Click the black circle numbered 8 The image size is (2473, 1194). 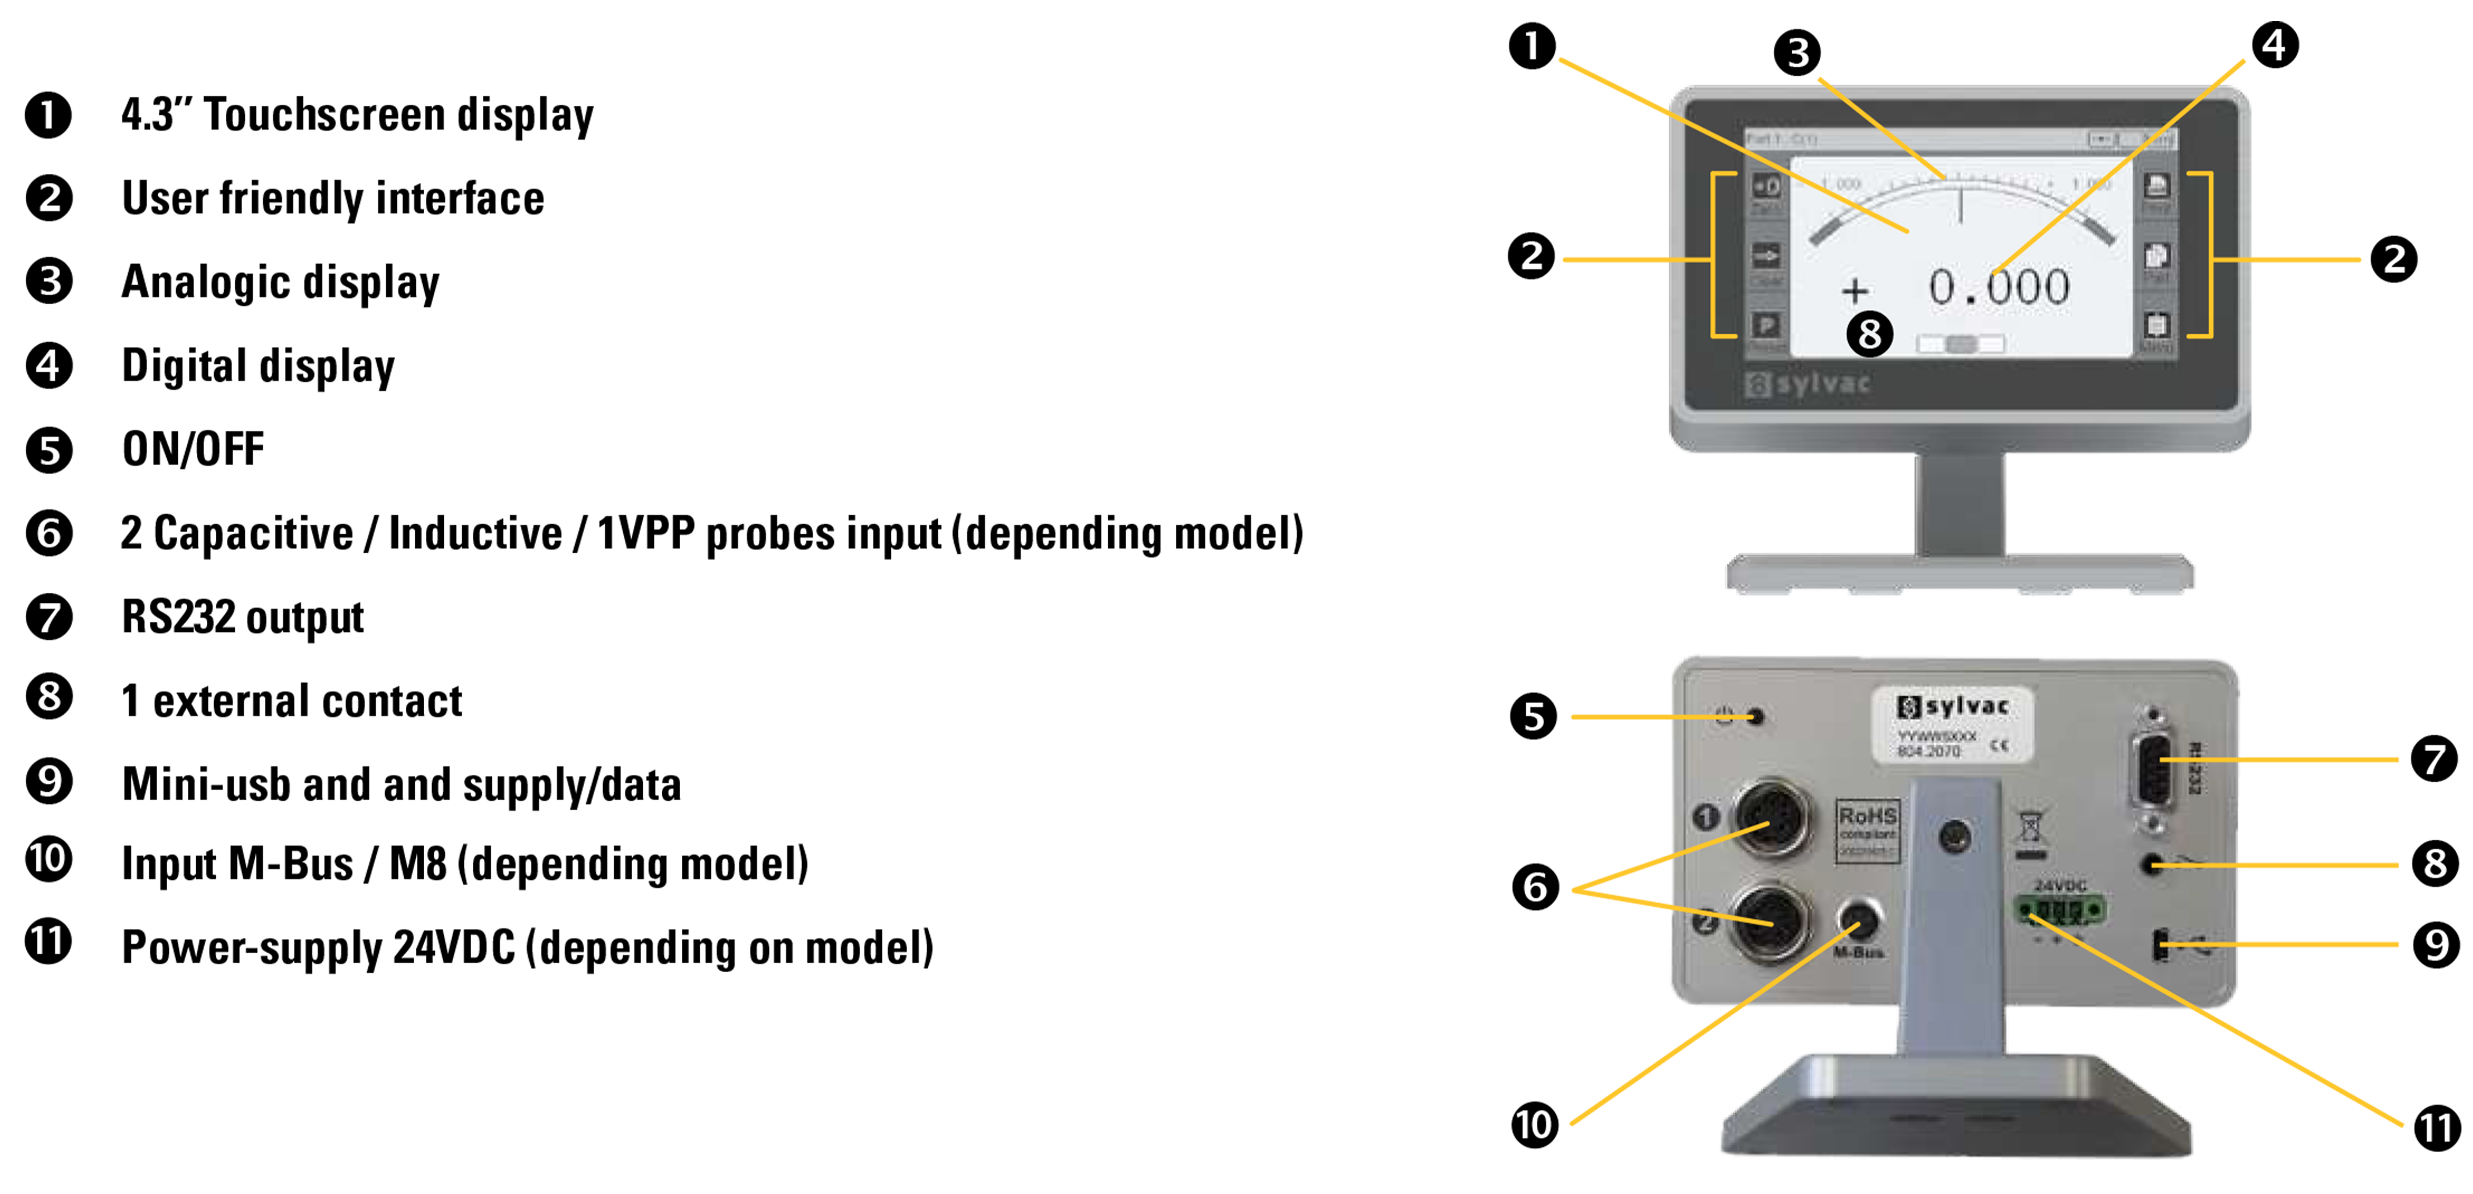point(1868,334)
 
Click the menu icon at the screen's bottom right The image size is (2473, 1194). point(2156,326)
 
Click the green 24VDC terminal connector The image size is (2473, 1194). point(2060,909)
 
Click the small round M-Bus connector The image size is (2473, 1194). point(1860,919)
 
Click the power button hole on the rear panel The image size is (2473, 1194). point(1757,716)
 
